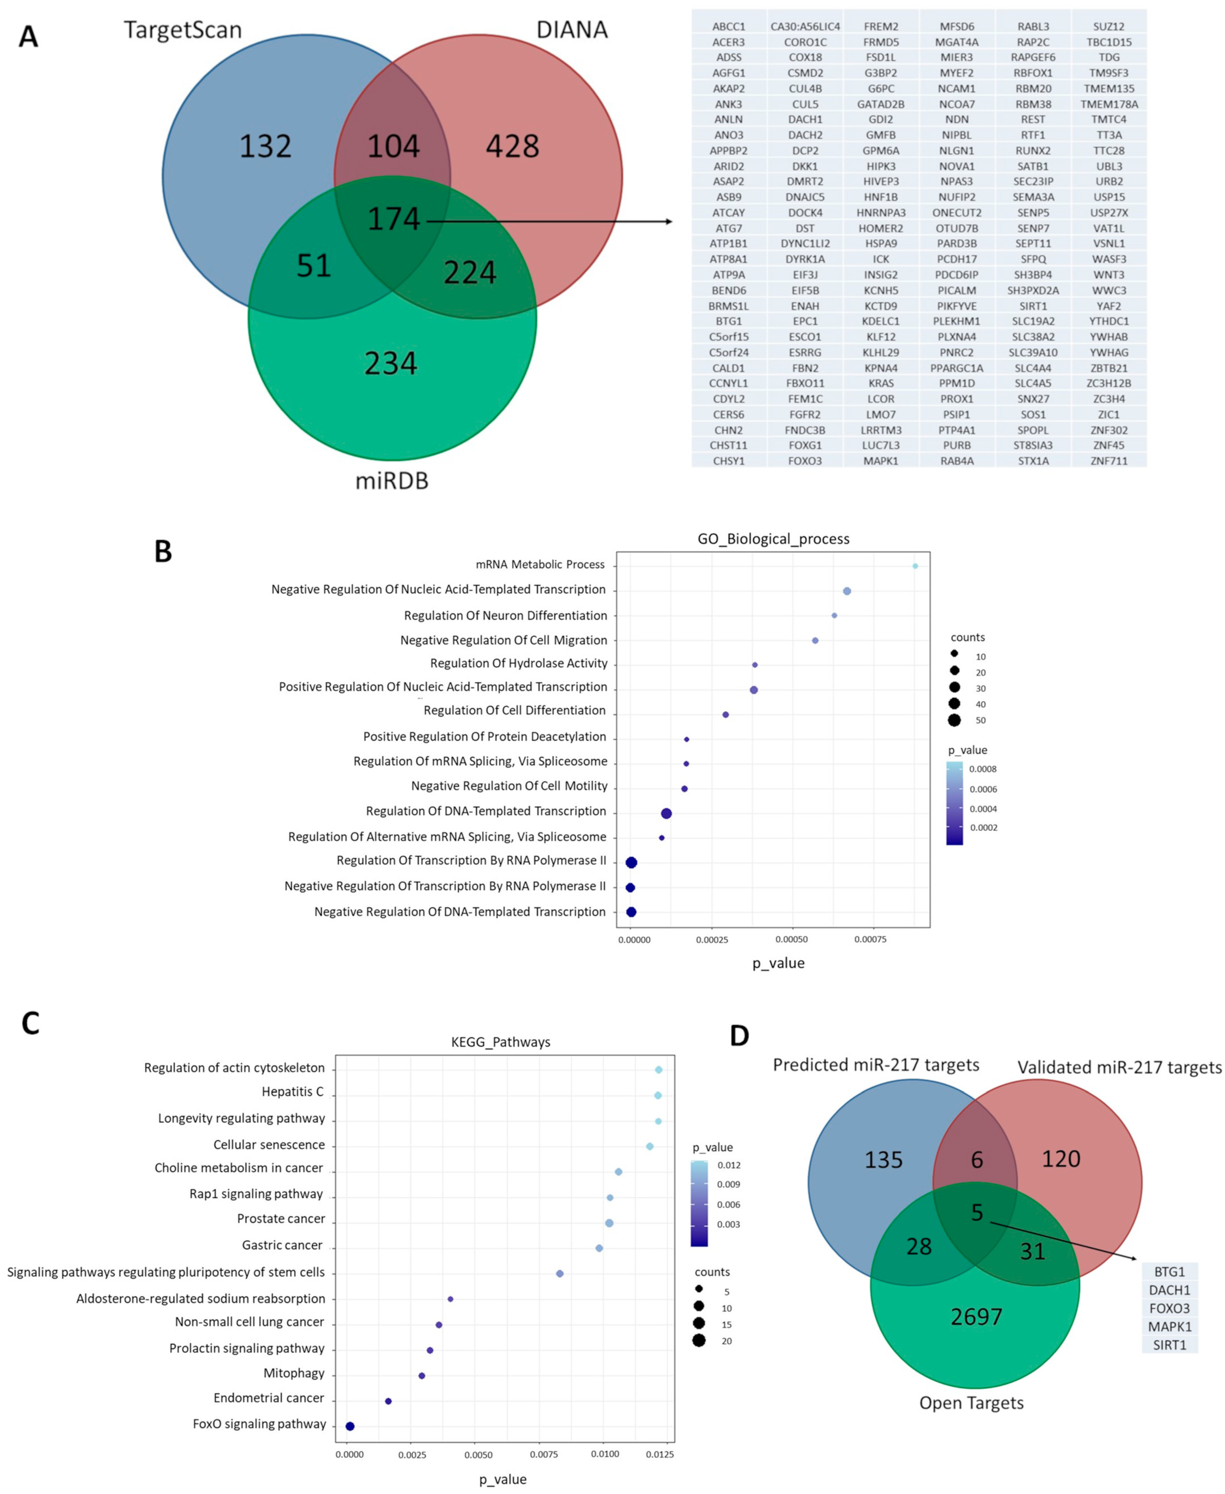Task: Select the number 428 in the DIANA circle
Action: [x=512, y=146]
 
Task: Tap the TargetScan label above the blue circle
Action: [x=183, y=30]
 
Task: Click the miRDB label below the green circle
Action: [x=392, y=481]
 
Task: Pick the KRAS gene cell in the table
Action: [x=881, y=383]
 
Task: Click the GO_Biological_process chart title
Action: [x=773, y=539]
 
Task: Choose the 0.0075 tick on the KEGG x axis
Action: [x=544, y=1454]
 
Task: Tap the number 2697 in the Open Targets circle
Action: [x=976, y=1317]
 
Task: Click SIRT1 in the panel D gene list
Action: [x=1169, y=1345]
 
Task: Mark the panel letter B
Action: [x=163, y=551]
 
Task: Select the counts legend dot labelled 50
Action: [x=954, y=720]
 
